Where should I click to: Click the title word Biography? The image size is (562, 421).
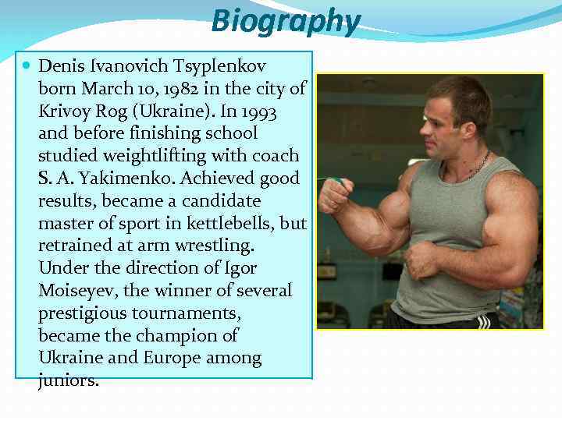click(286, 21)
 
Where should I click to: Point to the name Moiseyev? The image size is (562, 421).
click(76, 292)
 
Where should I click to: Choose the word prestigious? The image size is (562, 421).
click(86, 313)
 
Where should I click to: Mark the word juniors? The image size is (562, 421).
click(68, 381)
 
